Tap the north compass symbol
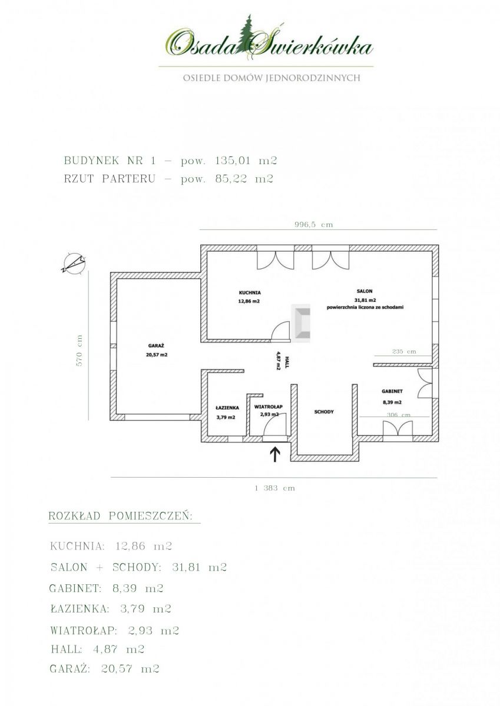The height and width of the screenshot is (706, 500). (x=74, y=262)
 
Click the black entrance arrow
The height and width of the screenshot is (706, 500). (x=276, y=455)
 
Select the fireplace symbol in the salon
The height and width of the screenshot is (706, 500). (x=300, y=323)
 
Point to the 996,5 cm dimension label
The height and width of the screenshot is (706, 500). (x=314, y=225)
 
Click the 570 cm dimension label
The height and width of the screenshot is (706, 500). (x=80, y=351)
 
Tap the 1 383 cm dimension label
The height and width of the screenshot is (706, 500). (x=275, y=488)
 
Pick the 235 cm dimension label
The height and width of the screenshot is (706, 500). (x=404, y=351)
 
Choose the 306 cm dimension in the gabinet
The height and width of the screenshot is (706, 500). (x=399, y=415)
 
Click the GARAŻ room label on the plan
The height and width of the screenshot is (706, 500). (x=157, y=345)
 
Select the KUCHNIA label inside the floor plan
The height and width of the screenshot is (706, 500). (x=250, y=292)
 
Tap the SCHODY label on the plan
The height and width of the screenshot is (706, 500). (x=324, y=412)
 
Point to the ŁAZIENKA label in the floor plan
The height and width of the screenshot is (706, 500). (x=227, y=408)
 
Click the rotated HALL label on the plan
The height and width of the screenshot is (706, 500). (x=287, y=360)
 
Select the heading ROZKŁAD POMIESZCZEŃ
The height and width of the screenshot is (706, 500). (x=121, y=517)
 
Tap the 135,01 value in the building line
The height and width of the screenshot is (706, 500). (x=233, y=161)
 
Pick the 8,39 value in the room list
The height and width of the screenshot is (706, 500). (x=125, y=588)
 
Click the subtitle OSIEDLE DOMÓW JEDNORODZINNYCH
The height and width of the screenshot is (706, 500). (x=271, y=78)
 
